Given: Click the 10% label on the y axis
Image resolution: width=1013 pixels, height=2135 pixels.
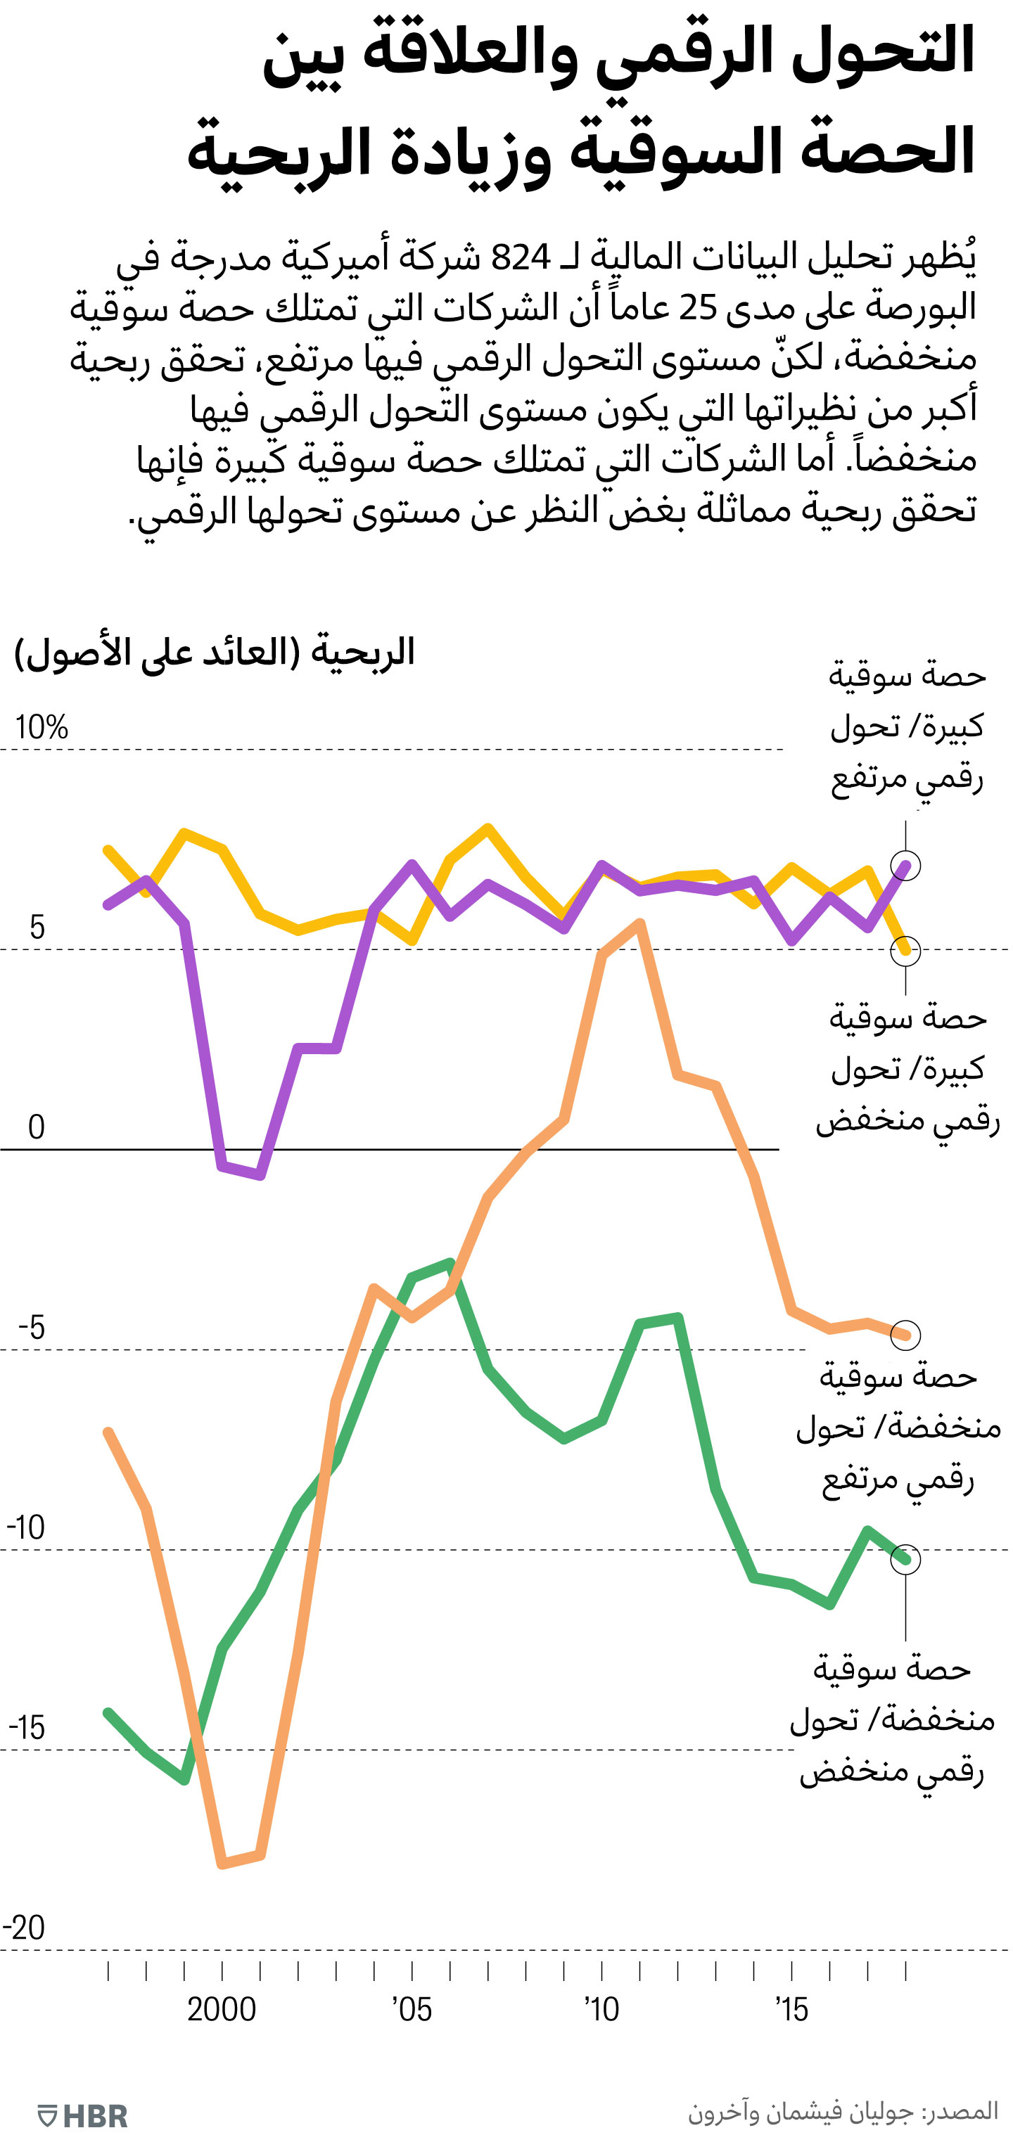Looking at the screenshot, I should (42, 728).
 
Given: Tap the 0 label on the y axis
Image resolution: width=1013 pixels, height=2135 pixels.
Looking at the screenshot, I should (36, 1127).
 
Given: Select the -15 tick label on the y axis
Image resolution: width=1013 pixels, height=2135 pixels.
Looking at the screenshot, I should (27, 1727).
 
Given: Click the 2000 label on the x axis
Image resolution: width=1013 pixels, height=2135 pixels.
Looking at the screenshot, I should (222, 2009).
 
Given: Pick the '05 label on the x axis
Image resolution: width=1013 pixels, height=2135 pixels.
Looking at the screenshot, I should (412, 2009).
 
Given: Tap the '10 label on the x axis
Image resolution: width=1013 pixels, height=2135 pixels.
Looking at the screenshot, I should (602, 2009).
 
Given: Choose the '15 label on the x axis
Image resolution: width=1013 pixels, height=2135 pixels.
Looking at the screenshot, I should (791, 2009).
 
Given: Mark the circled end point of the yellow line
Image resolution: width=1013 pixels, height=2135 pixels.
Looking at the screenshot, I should (905, 951).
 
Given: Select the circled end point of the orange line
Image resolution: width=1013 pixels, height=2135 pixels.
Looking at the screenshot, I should (905, 1335).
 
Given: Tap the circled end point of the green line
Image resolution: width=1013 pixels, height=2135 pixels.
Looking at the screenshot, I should (905, 1559).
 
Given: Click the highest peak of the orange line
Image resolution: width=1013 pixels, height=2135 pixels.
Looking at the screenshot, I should (641, 923).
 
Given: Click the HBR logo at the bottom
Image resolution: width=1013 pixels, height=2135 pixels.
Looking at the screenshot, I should (84, 2115).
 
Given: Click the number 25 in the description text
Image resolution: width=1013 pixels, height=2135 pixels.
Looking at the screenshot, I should (697, 308).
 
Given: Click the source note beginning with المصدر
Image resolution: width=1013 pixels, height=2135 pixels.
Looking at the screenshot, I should (842, 2111).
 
